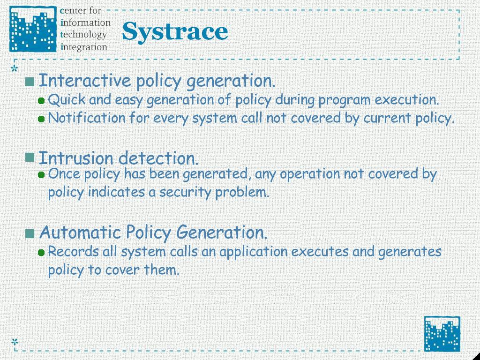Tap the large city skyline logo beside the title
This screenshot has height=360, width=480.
pos(33,29)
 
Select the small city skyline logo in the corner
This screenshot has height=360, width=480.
pos(442,334)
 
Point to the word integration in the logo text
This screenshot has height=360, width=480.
pos(84,47)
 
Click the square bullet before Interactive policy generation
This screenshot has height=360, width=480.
pos(30,82)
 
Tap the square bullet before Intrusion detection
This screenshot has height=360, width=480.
pos(30,157)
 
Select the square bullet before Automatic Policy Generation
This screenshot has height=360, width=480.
pos(30,233)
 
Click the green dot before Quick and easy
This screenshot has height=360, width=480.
pos(41,101)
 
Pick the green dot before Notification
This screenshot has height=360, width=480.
pos(41,119)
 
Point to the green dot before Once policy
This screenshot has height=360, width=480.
pos(41,175)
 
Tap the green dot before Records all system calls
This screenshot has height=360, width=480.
pos(41,253)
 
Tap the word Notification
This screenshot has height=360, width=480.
pos(87,118)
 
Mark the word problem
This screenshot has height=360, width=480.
pos(242,192)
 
